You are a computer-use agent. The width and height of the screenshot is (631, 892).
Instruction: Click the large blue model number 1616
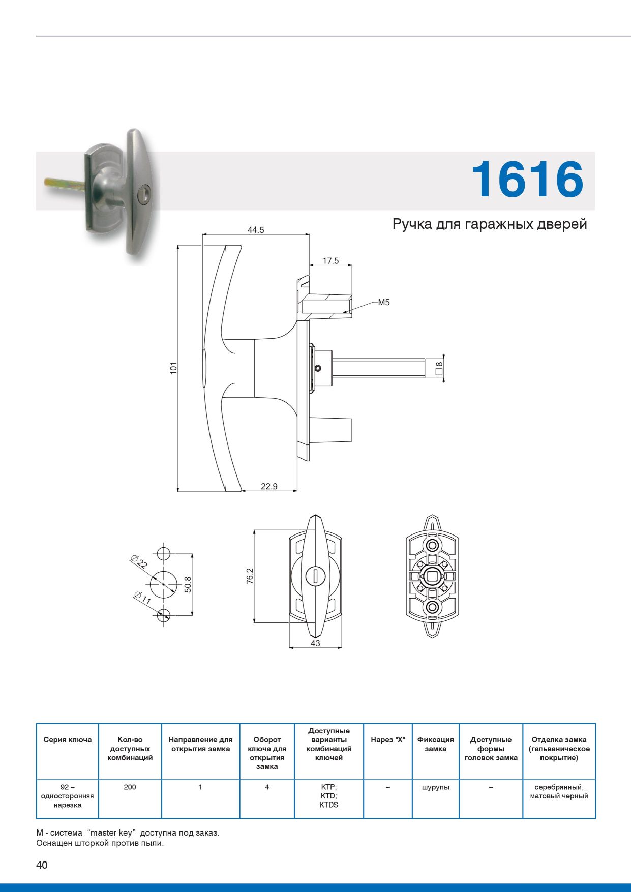[x=527, y=179]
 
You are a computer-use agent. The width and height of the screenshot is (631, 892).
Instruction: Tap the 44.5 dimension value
[x=256, y=230]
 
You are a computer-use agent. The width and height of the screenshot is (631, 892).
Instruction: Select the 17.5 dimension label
[x=330, y=261]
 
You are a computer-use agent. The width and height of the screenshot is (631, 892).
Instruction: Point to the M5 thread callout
[x=384, y=303]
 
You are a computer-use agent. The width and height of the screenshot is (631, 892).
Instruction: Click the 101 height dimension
[x=173, y=368]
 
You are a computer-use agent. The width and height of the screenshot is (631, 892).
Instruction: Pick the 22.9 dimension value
[x=269, y=486]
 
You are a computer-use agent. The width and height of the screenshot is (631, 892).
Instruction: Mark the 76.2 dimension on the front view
[x=250, y=576]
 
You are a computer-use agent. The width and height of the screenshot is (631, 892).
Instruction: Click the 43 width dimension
[x=315, y=643]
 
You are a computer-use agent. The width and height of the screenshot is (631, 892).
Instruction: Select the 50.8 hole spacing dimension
[x=188, y=584]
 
